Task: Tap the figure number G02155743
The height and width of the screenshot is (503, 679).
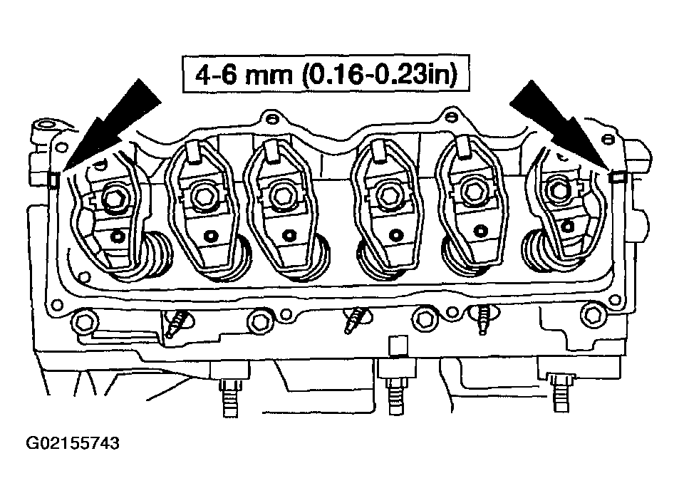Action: [x=73, y=443]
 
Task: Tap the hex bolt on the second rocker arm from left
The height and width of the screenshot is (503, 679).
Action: [x=202, y=196]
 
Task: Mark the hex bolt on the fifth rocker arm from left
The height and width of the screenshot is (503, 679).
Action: [x=472, y=192]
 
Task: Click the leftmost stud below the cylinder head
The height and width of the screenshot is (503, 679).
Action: [x=230, y=392]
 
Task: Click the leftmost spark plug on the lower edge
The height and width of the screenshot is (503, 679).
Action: [x=179, y=323]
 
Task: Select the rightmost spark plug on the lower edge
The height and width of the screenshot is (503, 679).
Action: [x=484, y=319]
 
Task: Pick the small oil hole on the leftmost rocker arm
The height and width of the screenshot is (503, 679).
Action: [x=118, y=237]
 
